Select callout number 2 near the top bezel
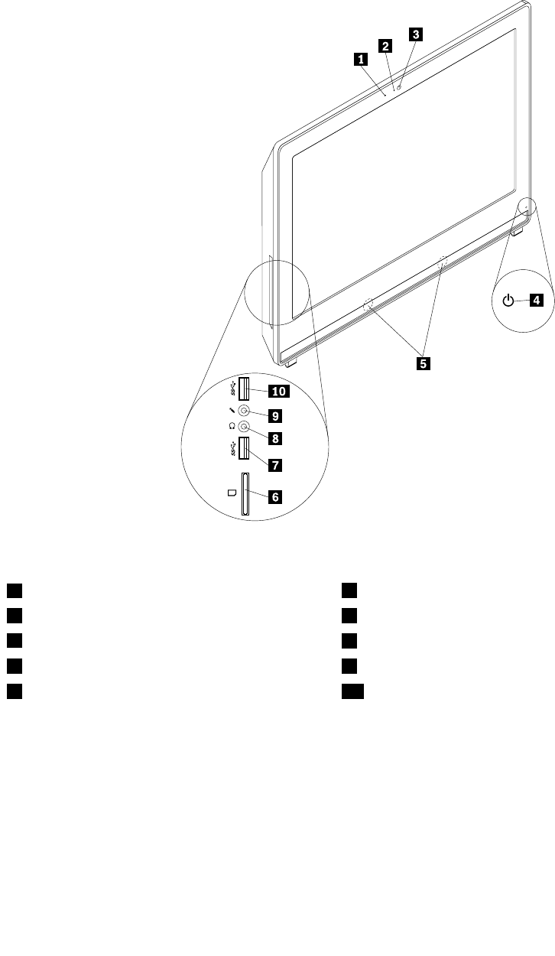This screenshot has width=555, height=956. coord(386,46)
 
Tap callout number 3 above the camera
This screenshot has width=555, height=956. coord(415,34)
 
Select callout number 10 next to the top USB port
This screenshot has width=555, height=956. coord(277,392)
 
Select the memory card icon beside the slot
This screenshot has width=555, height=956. coord(231,493)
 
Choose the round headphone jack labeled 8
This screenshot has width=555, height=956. coord(244,428)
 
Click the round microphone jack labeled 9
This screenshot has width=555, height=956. coord(244,411)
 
